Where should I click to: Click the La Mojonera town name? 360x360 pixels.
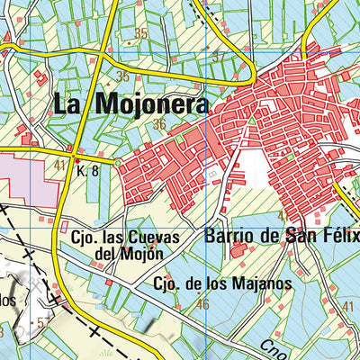130,103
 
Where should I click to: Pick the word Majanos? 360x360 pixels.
260,283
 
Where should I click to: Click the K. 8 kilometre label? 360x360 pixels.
87,170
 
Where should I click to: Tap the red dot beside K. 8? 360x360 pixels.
77,161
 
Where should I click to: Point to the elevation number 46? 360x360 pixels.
202,304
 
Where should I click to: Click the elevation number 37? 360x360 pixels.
217,58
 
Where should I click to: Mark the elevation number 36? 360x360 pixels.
159,124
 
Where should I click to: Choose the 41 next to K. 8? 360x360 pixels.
60,165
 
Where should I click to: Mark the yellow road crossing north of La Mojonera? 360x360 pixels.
107,65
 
